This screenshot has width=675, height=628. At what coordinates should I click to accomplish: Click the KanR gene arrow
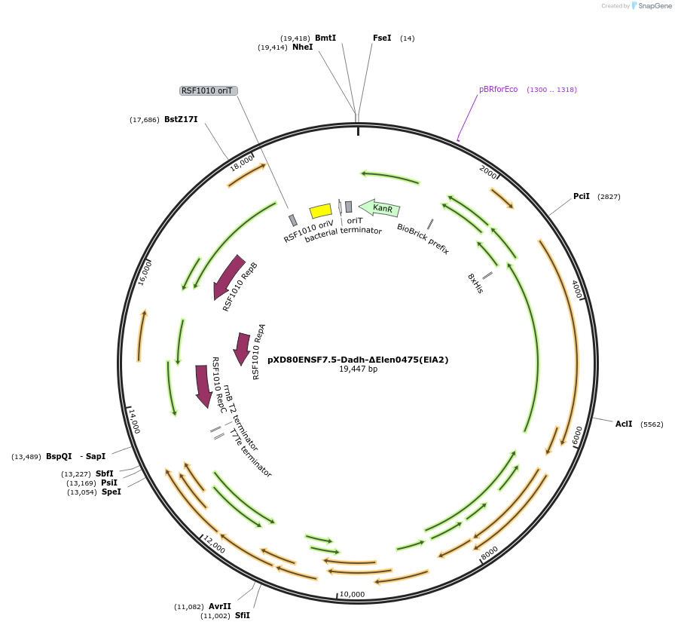coord(380,207)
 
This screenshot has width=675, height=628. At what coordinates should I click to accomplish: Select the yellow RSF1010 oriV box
coord(321,211)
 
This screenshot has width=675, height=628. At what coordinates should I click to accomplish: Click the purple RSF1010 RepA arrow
coord(242,348)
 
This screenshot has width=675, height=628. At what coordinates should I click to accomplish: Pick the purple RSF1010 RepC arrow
coord(203,385)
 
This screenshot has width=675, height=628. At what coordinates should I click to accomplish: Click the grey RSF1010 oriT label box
coord(208,90)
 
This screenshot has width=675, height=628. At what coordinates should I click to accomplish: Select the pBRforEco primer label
coord(498,89)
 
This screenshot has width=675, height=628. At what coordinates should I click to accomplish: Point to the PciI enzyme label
coord(581,196)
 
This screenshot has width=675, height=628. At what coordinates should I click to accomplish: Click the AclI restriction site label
coord(623,424)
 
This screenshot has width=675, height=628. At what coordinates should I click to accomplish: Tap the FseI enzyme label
coord(382,38)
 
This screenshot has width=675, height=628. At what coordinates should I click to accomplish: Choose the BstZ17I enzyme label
coord(181,119)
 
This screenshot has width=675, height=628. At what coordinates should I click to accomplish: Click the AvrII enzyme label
coord(220,606)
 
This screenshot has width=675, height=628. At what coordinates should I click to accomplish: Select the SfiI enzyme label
coord(242,615)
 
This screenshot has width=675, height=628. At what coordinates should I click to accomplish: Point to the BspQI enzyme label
coord(59,456)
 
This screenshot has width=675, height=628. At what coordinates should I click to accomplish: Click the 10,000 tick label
coord(352,594)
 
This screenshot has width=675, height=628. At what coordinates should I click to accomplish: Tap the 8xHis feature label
coord(475,283)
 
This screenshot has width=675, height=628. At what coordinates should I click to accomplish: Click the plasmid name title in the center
coord(358,360)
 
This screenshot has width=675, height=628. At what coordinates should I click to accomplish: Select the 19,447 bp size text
coord(358,369)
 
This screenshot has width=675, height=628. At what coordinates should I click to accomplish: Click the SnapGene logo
coord(652,5)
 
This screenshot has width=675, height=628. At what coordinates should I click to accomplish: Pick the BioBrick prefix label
coord(423,238)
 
